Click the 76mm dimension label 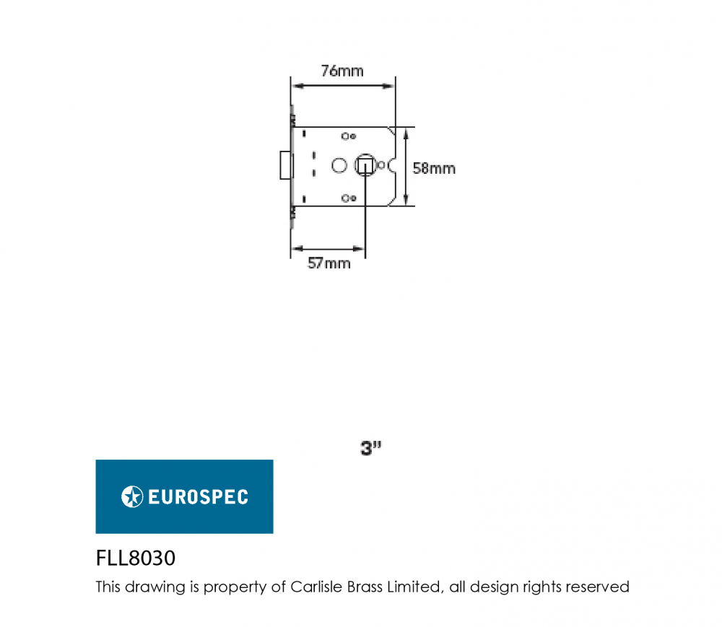click(x=342, y=71)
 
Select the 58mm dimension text click(x=434, y=168)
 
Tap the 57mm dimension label click(x=329, y=263)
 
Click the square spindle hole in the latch click(x=365, y=166)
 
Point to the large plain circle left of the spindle click(x=339, y=166)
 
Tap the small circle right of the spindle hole click(x=380, y=165)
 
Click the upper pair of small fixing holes click(x=349, y=136)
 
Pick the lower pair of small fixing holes click(x=349, y=198)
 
